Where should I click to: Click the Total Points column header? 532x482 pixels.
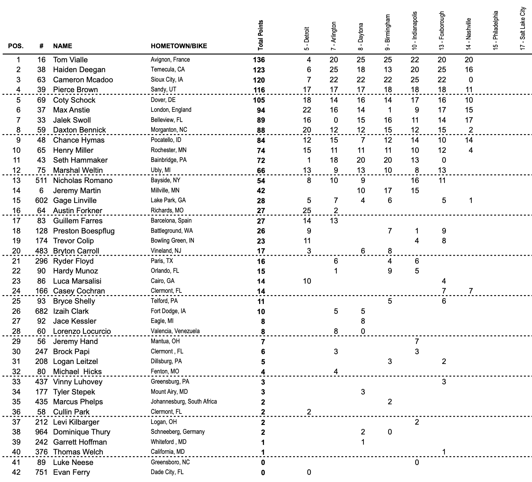[261, 35]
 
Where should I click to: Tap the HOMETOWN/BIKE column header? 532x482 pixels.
[179, 46]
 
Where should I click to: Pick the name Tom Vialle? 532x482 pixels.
[70, 60]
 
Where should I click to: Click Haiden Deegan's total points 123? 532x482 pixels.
[259, 70]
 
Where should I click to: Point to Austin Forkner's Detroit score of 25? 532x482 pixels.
[307, 211]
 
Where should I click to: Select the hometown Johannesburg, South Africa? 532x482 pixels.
[184, 402]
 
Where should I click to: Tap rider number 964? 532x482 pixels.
[41, 432]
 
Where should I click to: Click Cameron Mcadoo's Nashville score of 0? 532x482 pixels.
[471, 80]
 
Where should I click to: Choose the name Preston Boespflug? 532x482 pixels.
[84, 231]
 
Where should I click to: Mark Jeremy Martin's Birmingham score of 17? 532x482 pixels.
[388, 191]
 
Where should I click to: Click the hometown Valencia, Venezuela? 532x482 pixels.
[175, 331]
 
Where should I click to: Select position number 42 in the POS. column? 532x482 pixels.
[16, 472]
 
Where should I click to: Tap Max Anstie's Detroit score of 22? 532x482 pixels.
[307, 110]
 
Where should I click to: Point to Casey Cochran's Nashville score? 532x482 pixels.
[471, 291]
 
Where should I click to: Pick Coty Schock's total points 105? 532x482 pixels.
[259, 100]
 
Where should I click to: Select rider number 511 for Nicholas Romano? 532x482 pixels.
[41, 180]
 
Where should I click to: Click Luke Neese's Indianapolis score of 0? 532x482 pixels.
[417, 462]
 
